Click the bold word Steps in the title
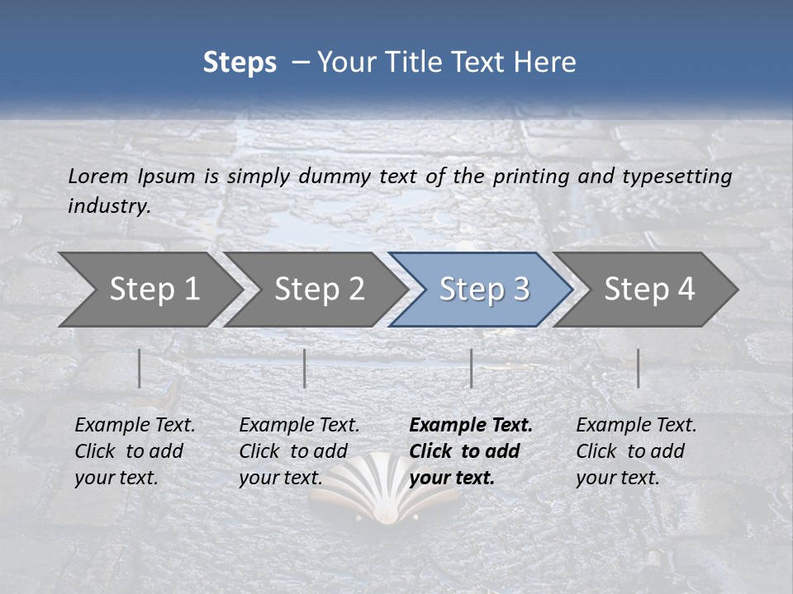tap(240, 63)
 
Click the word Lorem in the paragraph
tap(97, 177)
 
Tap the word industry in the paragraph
tap(109, 206)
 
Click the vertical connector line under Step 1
tap(140, 368)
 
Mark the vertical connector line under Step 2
tap(305, 368)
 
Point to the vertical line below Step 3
tap(472, 368)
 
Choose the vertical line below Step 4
tap(639, 368)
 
